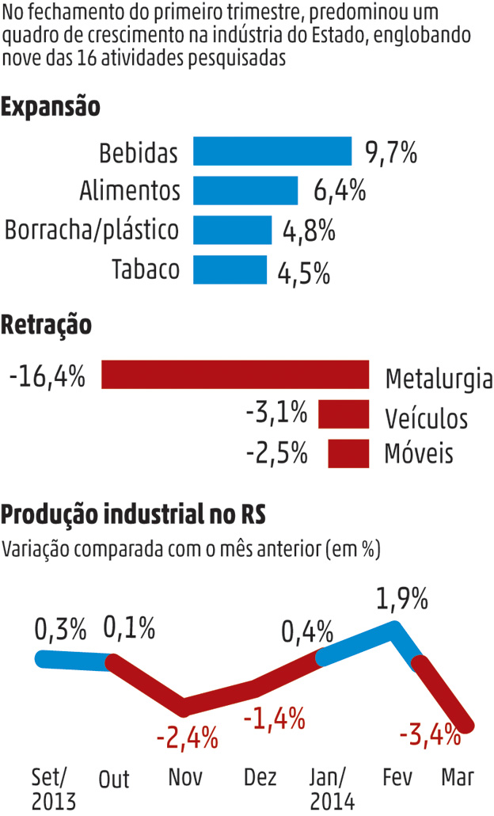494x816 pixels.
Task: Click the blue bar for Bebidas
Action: click(x=273, y=151)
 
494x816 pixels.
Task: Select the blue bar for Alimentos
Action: click(x=245, y=191)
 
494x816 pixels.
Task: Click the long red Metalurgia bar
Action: click(x=235, y=375)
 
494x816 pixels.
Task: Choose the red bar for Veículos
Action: click(x=344, y=414)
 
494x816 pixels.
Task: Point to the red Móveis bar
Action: click(x=348, y=453)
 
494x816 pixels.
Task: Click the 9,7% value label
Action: click(x=391, y=152)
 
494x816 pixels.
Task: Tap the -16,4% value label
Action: click(x=47, y=375)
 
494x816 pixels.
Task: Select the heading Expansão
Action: click(x=51, y=106)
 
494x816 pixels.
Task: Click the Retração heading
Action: click(x=47, y=324)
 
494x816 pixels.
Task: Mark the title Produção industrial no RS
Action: click(x=133, y=515)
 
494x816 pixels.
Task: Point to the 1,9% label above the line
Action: click(x=402, y=599)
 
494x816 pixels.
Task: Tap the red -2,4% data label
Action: click(x=187, y=738)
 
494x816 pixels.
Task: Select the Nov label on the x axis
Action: click(x=185, y=777)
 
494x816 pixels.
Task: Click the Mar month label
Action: click(x=458, y=777)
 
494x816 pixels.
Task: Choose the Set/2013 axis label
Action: click(x=53, y=787)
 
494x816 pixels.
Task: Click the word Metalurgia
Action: click(x=439, y=379)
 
